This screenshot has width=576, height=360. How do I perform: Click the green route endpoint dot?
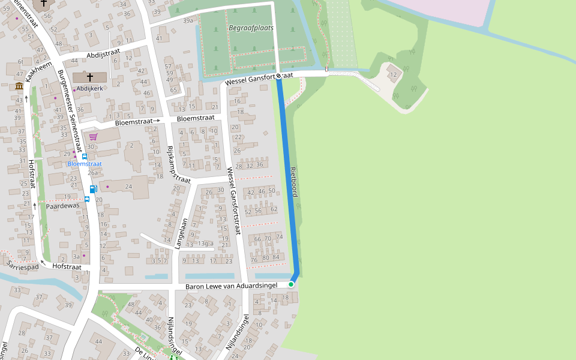click(x=291, y=284)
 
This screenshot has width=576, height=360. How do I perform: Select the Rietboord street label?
click(x=294, y=182)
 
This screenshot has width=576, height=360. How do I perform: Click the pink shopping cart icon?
click(x=93, y=137)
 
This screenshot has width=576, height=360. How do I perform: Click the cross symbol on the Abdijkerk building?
click(x=90, y=77)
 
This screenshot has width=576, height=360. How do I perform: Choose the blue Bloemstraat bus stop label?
click(x=85, y=164)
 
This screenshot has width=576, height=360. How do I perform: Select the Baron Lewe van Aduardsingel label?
click(x=231, y=286)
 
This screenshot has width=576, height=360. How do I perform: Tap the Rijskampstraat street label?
click(x=178, y=164)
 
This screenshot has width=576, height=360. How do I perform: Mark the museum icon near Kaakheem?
click(x=19, y=86)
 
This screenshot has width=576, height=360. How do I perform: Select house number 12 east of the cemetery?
click(x=393, y=74)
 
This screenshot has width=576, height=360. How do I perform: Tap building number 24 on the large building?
click(x=128, y=187)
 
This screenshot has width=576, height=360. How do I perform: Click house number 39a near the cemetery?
click(x=188, y=20)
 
